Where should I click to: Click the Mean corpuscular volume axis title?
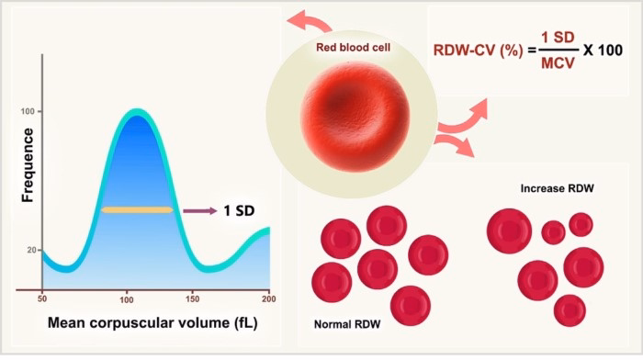(x=154, y=326)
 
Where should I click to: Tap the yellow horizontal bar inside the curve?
(x=137, y=210)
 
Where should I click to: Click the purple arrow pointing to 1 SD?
(x=195, y=211)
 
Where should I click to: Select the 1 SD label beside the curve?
(x=238, y=211)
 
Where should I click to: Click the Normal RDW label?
(x=348, y=324)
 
